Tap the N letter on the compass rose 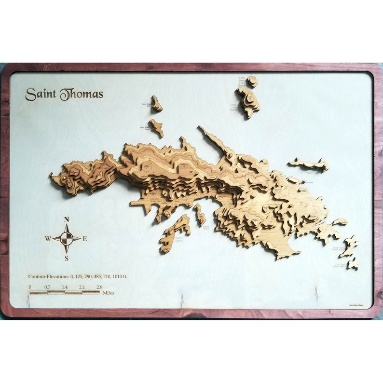click(67, 220)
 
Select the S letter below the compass click(67, 258)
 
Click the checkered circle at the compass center click(67, 238)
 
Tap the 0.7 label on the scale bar click(47, 287)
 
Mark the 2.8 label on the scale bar click(99, 287)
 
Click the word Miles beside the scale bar click(108, 293)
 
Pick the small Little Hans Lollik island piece click(252, 81)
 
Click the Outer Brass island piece click(157, 103)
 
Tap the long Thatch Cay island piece click(309, 164)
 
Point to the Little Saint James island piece click(354, 263)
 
